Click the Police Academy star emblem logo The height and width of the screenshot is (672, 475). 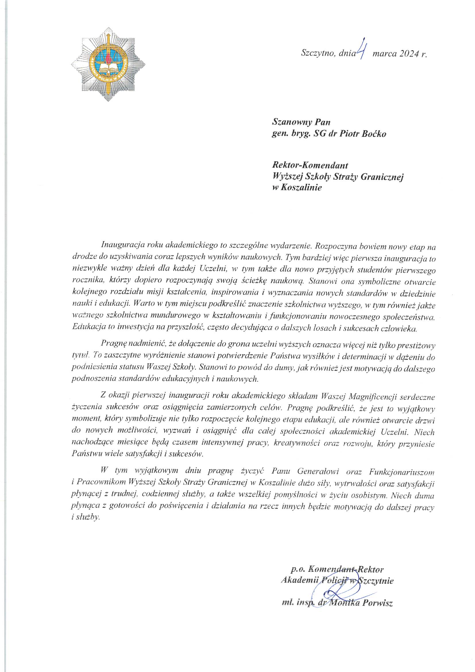click(x=108, y=64)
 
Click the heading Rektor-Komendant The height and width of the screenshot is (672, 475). click(x=310, y=165)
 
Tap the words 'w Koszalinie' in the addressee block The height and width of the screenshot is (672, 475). click(x=297, y=188)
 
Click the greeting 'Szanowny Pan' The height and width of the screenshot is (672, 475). click(x=301, y=122)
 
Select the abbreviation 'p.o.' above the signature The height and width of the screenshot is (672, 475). click(x=298, y=570)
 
